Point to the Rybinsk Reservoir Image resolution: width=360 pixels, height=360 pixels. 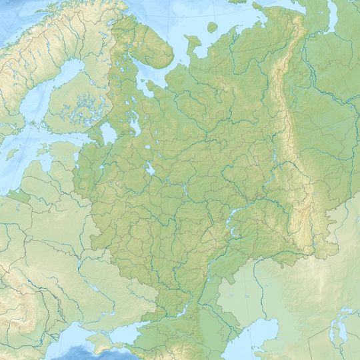pos(151,169)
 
